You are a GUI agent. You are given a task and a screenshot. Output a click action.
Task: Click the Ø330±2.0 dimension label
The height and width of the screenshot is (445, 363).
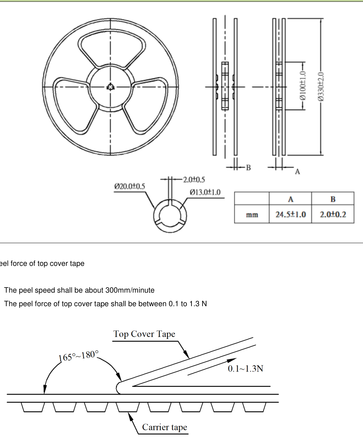pyautogui.click(x=321, y=87)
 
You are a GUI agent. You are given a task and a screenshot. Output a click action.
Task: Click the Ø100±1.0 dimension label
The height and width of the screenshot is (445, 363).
pyautogui.click(x=302, y=86)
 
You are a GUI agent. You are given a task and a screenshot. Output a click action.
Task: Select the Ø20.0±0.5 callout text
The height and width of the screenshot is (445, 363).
pyautogui.click(x=130, y=186)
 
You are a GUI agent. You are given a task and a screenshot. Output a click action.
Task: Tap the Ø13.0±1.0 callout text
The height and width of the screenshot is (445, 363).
pyautogui.click(x=205, y=192)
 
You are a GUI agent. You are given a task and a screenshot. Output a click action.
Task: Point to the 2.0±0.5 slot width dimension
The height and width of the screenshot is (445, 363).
pyautogui.click(x=194, y=180)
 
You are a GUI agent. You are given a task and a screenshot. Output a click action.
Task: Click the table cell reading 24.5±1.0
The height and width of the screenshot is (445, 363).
pyautogui.click(x=291, y=214)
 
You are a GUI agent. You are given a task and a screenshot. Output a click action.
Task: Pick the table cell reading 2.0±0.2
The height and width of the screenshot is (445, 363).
pyautogui.click(x=333, y=214)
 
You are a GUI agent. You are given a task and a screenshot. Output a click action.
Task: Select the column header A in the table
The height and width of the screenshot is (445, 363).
pyautogui.click(x=291, y=199)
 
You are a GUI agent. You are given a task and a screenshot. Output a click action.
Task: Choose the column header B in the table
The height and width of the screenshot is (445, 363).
pyautogui.click(x=333, y=199)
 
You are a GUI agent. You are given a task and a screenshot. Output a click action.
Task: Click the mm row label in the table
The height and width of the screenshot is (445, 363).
pyautogui.click(x=252, y=215)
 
